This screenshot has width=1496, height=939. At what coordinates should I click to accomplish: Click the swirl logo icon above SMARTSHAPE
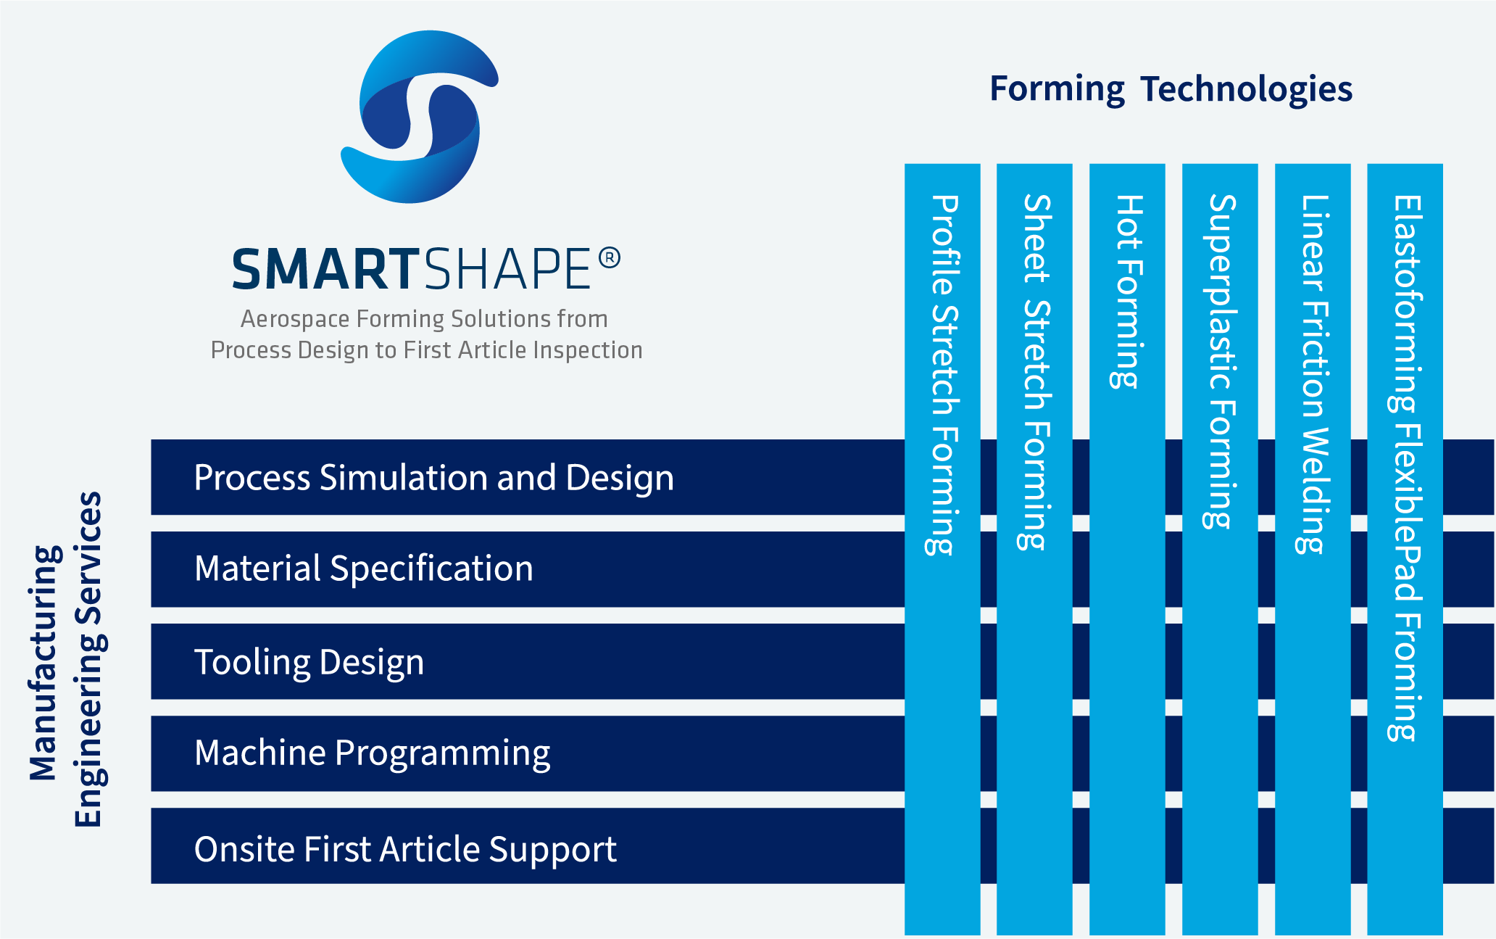click(x=420, y=117)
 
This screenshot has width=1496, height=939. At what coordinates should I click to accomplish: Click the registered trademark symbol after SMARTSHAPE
click(x=610, y=258)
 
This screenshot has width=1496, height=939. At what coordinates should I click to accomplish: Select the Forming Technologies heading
click(x=1171, y=89)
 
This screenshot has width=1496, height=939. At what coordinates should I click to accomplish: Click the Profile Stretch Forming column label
click(x=943, y=375)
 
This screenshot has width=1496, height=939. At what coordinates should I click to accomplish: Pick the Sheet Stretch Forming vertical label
click(x=1035, y=372)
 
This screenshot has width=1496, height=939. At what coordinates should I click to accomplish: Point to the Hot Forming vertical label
click(x=1128, y=291)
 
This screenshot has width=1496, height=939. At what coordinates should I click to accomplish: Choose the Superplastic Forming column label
click(x=1221, y=361)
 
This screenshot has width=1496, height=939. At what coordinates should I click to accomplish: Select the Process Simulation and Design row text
click(x=433, y=478)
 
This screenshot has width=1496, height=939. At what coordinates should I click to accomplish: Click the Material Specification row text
click(x=364, y=568)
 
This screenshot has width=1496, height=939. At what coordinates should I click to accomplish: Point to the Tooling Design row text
click(x=309, y=662)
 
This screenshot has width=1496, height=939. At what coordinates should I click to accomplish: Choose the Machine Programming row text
click(x=372, y=753)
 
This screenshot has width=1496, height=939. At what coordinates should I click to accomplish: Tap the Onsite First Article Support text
click(x=405, y=849)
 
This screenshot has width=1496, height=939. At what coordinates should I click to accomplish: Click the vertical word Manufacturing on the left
click(x=45, y=662)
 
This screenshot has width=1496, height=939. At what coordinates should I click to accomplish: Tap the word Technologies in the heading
click(x=1246, y=89)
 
